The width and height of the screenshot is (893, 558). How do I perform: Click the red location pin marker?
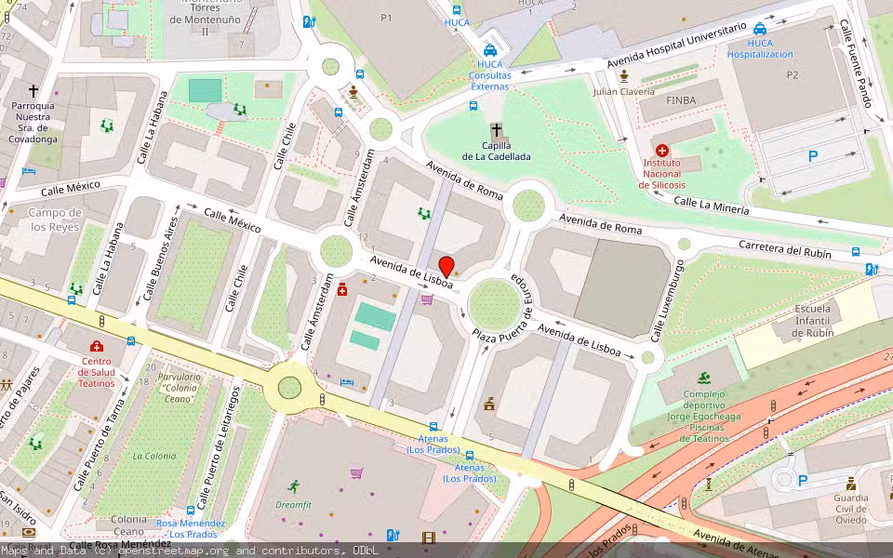[446, 266]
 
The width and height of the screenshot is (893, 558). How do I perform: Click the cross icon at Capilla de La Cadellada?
[497, 130]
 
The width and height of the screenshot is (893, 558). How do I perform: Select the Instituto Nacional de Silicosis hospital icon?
[661, 151]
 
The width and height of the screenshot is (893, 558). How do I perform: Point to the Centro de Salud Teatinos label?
[97, 372]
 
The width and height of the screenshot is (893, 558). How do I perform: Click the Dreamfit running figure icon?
[294, 486]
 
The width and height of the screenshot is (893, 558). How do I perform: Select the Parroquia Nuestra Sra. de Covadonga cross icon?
[33, 91]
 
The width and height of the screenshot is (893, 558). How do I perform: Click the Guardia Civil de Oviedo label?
[850, 509]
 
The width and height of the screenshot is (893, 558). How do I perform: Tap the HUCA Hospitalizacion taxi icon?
[760, 29]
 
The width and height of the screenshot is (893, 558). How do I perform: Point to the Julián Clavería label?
[623, 91]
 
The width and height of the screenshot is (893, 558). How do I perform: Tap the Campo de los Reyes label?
[56, 219]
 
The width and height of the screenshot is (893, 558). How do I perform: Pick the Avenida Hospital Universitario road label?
[675, 45]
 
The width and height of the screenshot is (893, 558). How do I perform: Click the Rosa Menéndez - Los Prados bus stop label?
[191, 528]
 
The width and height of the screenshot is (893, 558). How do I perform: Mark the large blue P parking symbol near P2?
[812, 157]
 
